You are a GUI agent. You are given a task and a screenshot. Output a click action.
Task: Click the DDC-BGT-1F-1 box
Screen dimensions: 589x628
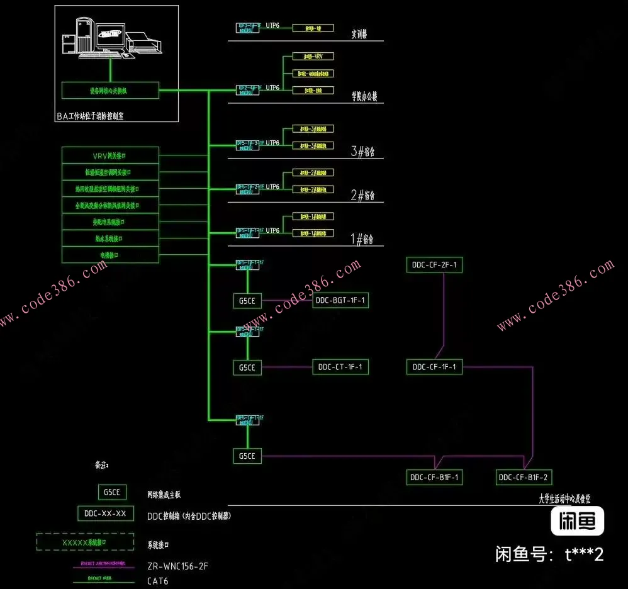point(340,301)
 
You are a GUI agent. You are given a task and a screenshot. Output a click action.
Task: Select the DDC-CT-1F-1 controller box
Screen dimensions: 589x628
point(340,367)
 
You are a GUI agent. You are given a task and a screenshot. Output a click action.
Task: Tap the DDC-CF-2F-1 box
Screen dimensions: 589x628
point(434,266)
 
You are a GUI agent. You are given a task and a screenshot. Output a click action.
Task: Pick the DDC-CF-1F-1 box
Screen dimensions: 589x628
point(434,367)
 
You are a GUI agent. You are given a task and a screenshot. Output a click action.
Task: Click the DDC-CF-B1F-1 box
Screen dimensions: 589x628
point(434,478)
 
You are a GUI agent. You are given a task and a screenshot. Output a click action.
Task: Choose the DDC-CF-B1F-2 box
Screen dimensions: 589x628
point(524,478)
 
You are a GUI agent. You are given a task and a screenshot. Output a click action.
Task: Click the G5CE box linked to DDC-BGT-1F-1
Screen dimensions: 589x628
point(247,301)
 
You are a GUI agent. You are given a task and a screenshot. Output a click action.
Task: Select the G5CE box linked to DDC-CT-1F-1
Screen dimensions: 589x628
point(247,367)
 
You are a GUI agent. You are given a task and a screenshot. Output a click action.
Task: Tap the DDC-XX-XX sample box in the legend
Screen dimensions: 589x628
point(105,513)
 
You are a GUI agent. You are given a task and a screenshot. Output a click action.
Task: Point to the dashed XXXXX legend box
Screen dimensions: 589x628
point(85,542)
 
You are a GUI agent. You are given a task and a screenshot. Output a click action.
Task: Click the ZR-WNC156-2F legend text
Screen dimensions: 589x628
point(177,566)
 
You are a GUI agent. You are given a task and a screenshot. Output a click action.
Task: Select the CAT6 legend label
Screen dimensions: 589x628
point(158,581)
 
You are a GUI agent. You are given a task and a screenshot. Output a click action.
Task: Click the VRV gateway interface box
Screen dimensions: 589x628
point(110,155)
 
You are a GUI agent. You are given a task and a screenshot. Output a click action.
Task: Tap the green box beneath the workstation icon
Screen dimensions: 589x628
point(110,91)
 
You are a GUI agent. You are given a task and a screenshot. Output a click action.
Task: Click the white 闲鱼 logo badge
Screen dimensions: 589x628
point(578,521)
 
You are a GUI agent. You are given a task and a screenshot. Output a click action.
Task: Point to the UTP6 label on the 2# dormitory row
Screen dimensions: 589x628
point(272,186)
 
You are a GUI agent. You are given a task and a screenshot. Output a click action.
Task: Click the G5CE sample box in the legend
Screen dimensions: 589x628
point(113,492)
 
